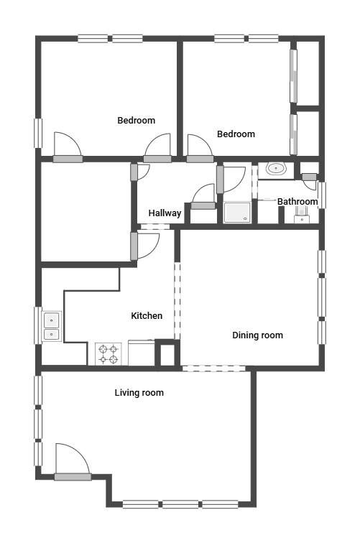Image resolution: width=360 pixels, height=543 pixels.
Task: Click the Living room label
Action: (139, 393)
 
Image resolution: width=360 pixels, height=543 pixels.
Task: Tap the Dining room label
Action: (257, 335)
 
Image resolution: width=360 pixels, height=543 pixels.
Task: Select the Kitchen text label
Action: (147, 316)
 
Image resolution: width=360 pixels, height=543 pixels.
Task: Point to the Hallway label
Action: (165, 213)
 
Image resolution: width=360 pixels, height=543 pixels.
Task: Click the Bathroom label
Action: (297, 202)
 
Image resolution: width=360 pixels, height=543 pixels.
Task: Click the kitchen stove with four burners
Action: (108, 354)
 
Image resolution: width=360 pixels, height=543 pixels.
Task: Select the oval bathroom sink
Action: (276, 169)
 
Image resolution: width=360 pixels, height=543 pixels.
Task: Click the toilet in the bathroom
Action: (302, 215)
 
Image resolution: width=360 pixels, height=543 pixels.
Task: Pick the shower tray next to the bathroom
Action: (237, 213)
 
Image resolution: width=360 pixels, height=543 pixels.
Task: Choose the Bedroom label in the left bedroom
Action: (137, 121)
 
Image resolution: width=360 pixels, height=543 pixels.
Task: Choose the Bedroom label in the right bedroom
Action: (236, 134)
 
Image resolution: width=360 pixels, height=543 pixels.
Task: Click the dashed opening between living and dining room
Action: (214, 368)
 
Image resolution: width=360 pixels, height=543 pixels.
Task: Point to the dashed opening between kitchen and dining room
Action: (177, 300)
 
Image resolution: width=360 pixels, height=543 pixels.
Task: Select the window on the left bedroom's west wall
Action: (38, 134)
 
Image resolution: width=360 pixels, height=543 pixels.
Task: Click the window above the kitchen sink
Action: (38, 325)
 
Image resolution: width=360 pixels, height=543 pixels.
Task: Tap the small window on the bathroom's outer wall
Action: (322, 195)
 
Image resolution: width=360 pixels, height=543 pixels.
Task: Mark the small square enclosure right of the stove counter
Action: (167, 354)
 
